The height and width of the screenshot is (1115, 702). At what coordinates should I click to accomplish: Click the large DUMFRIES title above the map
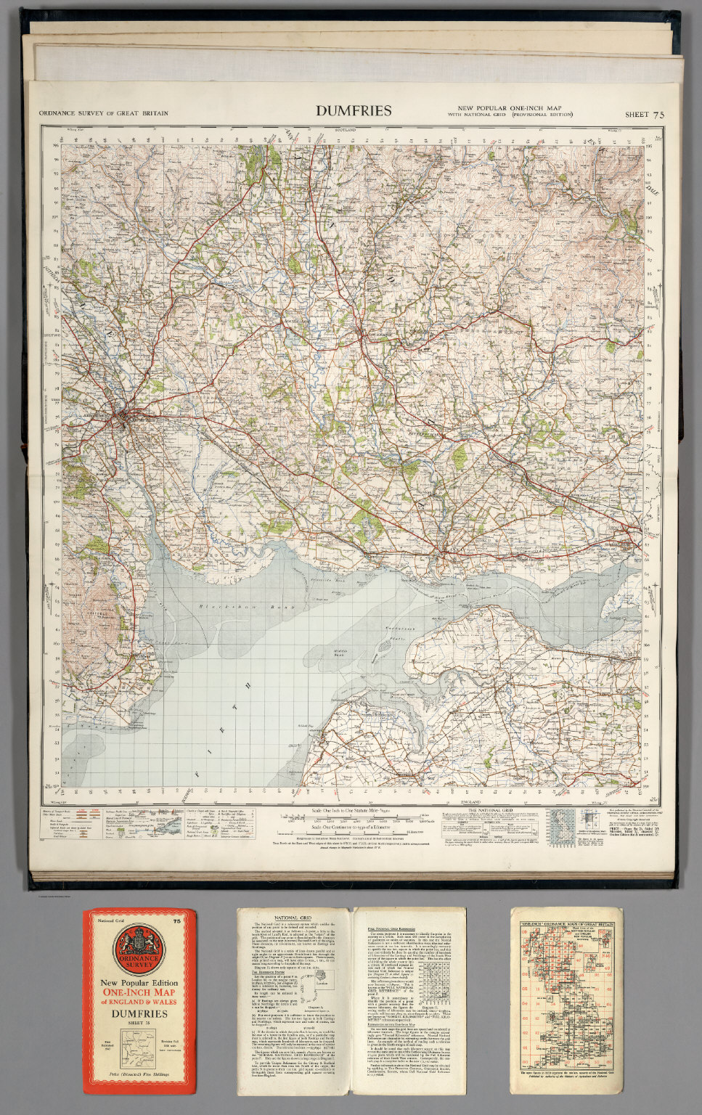click(354, 111)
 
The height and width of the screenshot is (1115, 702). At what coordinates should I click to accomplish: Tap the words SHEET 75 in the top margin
click(644, 114)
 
